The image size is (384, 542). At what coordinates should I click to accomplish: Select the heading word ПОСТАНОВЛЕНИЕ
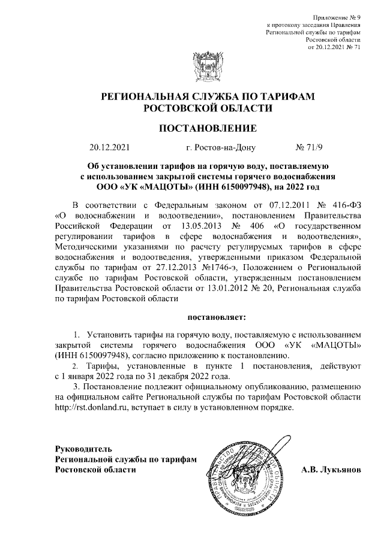tap(207, 128)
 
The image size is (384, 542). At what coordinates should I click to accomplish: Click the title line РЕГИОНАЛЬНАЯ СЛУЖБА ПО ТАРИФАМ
tap(207, 97)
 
